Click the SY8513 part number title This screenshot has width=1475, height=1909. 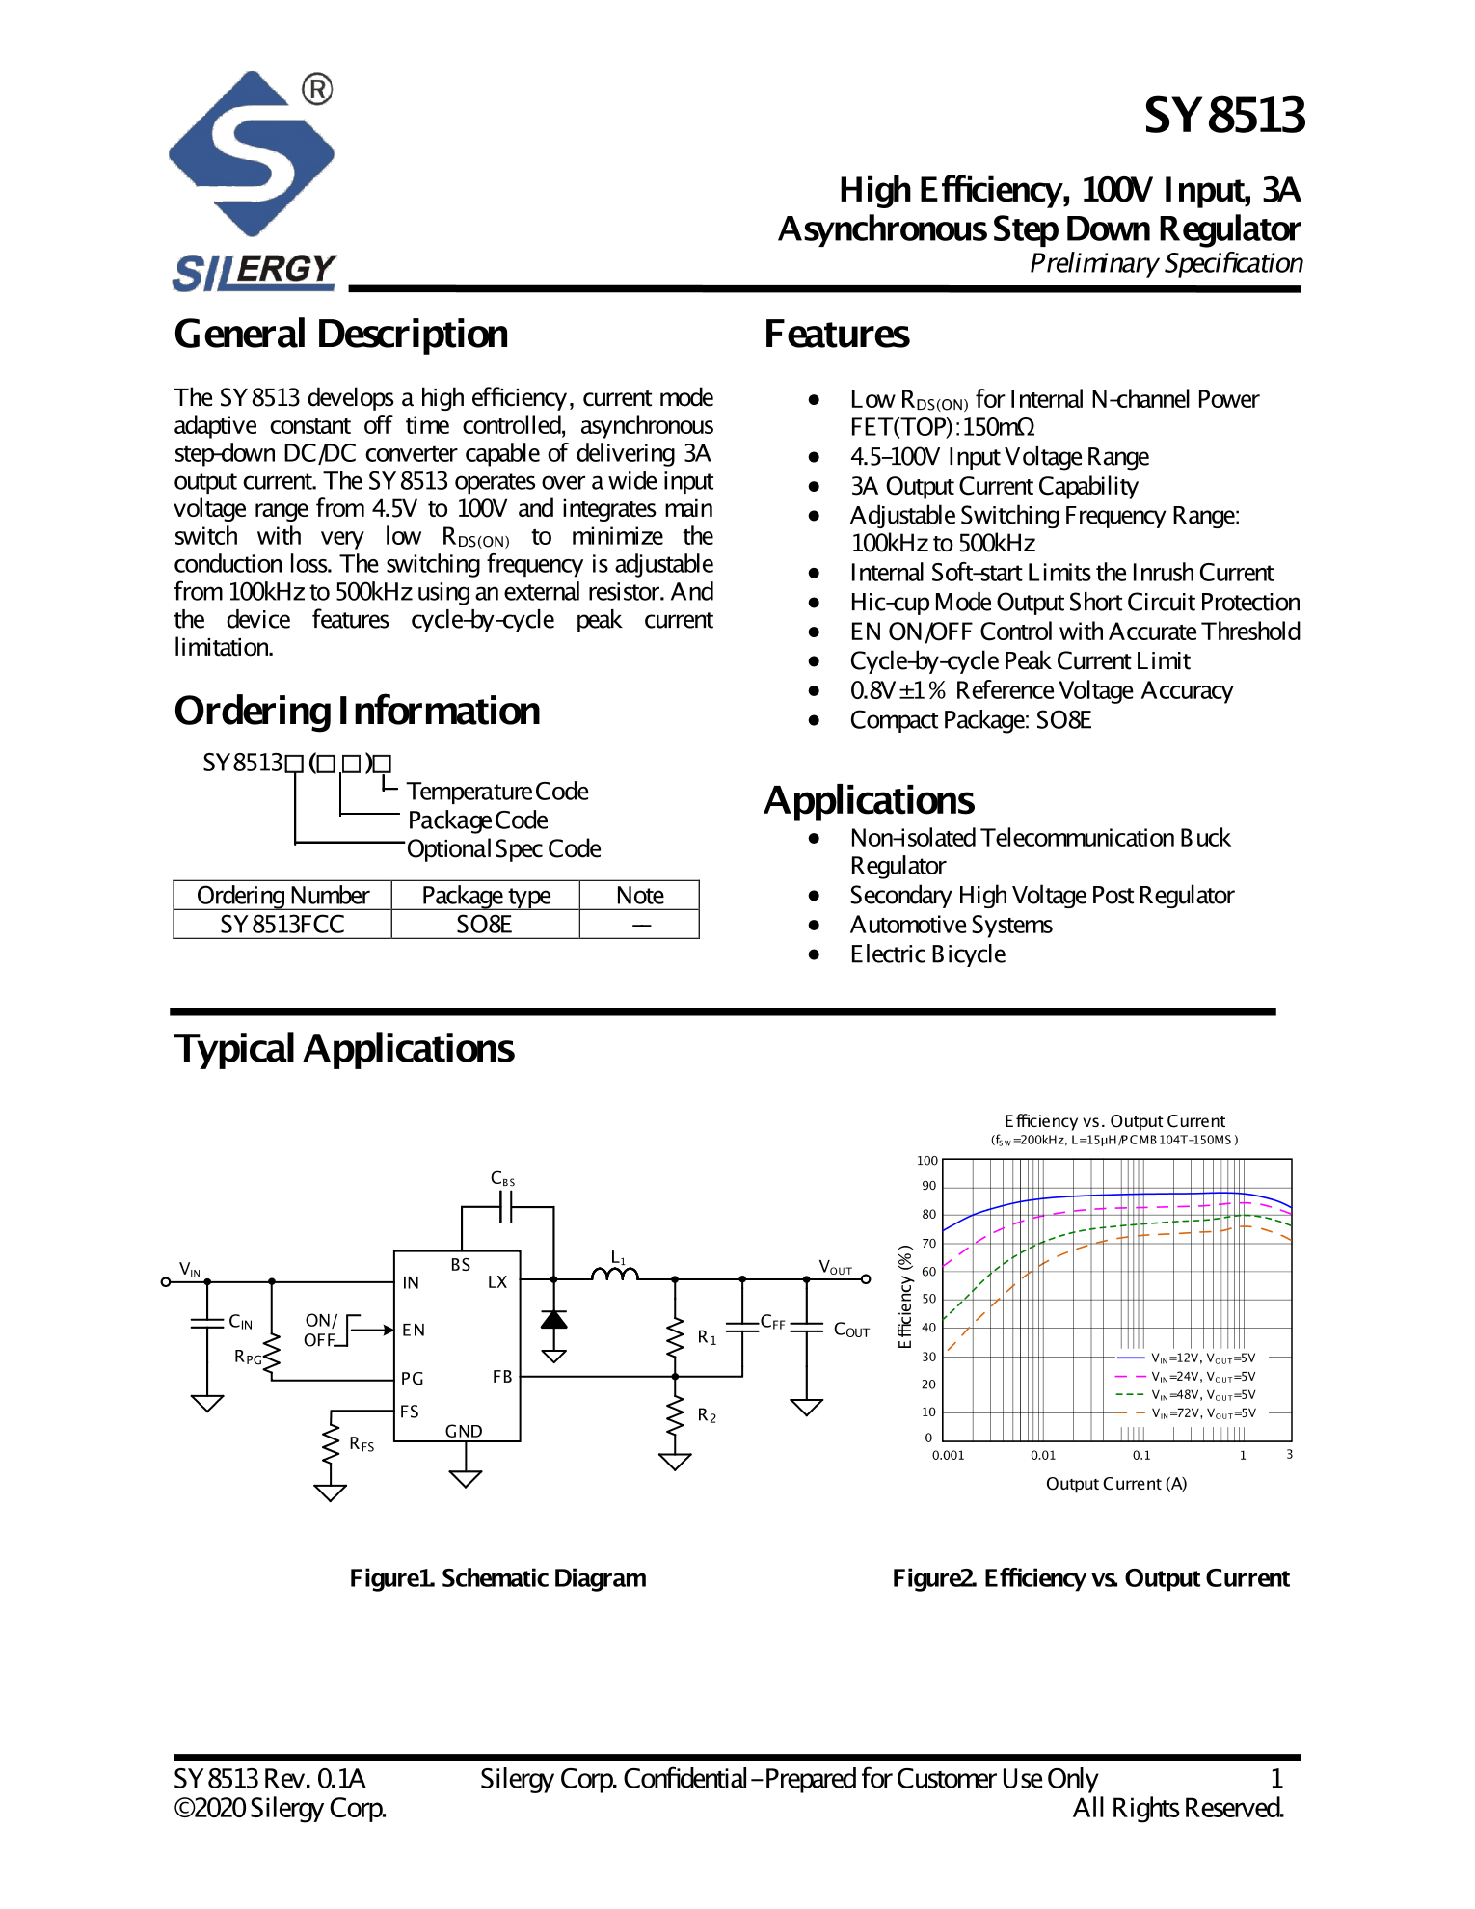click(x=1223, y=116)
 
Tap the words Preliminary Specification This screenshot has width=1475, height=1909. click(x=1166, y=263)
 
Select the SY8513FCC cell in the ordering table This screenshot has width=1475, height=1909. click(x=282, y=925)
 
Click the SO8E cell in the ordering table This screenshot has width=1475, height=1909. click(x=484, y=925)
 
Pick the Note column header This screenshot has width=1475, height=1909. click(x=639, y=896)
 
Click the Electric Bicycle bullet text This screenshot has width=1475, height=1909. click(x=927, y=954)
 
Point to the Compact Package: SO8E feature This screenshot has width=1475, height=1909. click(x=970, y=720)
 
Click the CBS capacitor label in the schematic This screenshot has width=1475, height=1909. click(x=502, y=1178)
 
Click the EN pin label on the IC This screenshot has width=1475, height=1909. click(x=413, y=1331)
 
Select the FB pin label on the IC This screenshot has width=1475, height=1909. click(x=501, y=1377)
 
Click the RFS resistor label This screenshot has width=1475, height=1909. click(x=362, y=1444)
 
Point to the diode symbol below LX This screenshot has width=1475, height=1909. click(x=553, y=1320)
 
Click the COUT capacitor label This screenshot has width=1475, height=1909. click(x=850, y=1331)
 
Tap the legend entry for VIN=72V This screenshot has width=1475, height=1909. click(x=1202, y=1413)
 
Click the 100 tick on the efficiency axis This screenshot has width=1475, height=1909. click(x=926, y=1161)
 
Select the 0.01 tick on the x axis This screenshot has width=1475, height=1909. click(x=1042, y=1456)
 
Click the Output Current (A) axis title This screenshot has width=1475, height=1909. click(x=1115, y=1484)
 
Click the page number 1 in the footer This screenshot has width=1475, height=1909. click(x=1275, y=1779)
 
